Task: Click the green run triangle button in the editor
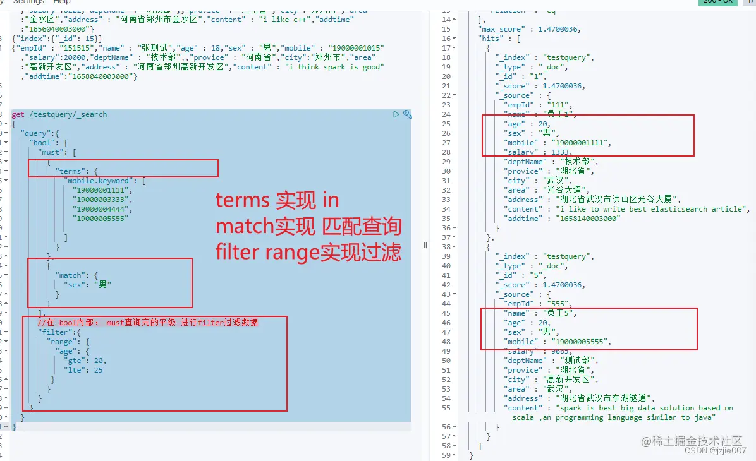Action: pyautogui.click(x=396, y=114)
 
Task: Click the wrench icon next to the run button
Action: pyautogui.click(x=407, y=114)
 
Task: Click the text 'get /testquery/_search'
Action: pyautogui.click(x=59, y=114)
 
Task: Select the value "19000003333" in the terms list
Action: pyautogui.click(x=94, y=199)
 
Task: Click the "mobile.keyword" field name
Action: pyautogui.click(x=98, y=181)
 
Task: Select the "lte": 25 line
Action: pyautogui.click(x=83, y=370)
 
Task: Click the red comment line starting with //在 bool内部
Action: pyautogui.click(x=147, y=323)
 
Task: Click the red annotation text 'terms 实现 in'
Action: pyautogui.click(x=277, y=201)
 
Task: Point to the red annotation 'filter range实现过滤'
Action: pyautogui.click(x=308, y=253)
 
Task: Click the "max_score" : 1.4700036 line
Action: pyautogui.click(x=529, y=29)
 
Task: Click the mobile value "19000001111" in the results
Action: pyautogui.click(x=581, y=143)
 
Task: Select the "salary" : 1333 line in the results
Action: pyautogui.click(x=538, y=152)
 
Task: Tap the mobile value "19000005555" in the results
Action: pyautogui.click(x=581, y=342)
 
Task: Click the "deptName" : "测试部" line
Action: pyautogui.click(x=550, y=361)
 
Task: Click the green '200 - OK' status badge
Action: pyautogui.click(x=717, y=2)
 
